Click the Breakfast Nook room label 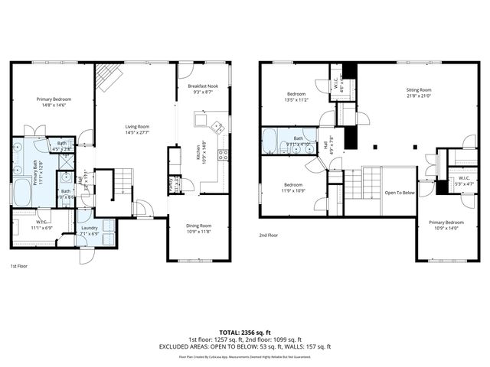click(203, 86)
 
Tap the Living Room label click(138, 127)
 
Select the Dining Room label click(199, 226)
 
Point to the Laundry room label click(89, 228)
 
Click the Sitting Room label click(419, 90)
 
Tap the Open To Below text click(400, 193)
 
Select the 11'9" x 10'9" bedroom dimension click(295, 189)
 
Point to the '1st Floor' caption click(20, 266)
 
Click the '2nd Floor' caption click(269, 235)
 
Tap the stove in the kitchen click(224, 154)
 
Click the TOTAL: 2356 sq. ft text click(245, 333)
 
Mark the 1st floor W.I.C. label click(40, 224)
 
